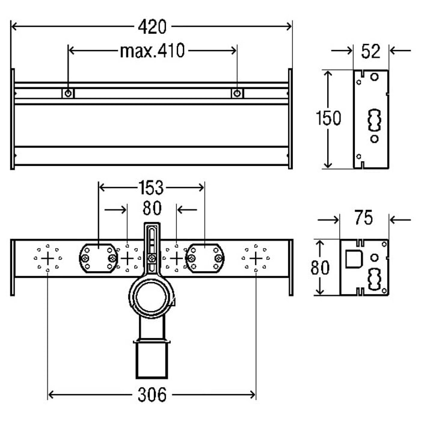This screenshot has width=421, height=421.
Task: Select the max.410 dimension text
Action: [152, 51]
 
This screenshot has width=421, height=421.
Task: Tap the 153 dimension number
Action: [150, 188]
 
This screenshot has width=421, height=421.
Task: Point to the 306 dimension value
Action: [152, 395]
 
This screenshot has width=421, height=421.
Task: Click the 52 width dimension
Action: [371, 51]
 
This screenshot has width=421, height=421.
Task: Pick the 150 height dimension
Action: [328, 118]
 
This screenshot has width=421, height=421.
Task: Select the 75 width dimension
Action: [364, 218]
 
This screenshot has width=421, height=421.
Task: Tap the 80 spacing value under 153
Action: [152, 209]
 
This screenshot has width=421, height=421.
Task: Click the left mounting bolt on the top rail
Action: [69, 93]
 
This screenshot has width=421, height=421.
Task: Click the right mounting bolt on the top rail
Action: [238, 93]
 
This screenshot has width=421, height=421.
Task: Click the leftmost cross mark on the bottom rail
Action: [48, 258]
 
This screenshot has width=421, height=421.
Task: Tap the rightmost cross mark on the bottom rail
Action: [256, 258]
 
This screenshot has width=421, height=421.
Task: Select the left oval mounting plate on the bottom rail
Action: [97, 258]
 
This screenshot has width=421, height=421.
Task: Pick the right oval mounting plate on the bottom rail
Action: [205, 258]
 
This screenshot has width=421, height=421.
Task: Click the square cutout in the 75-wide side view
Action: [352, 259]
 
